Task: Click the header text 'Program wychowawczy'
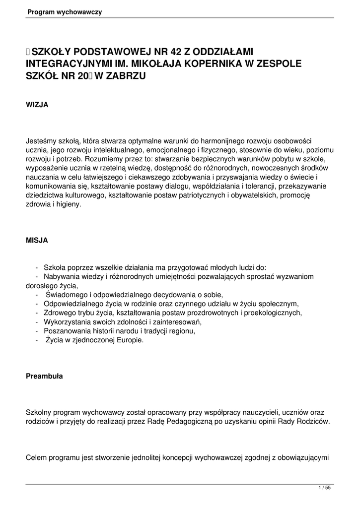(65, 12)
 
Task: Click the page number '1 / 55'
(324, 488)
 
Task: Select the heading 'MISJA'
(37, 240)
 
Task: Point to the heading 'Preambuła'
(44, 376)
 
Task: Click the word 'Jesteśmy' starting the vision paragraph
(41, 141)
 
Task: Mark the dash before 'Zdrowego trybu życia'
(37, 313)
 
